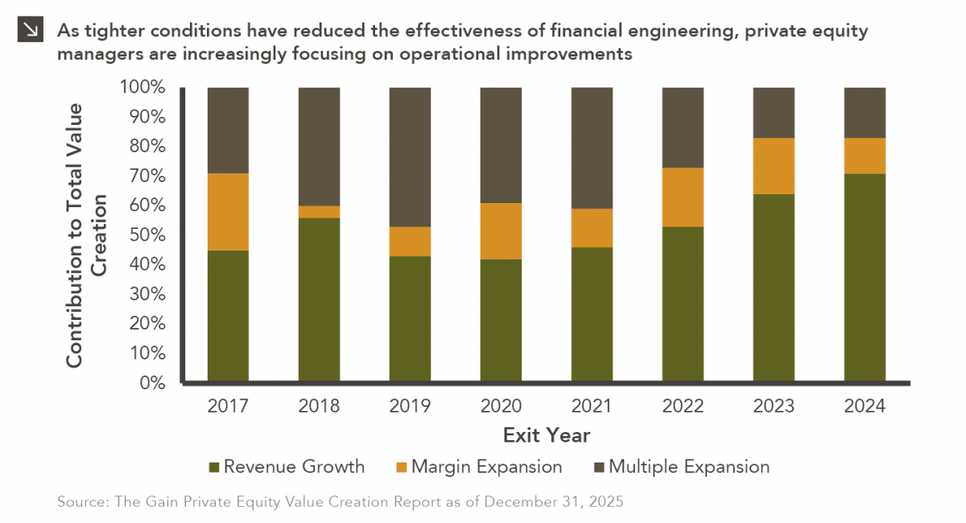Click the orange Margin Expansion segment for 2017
coord(228,212)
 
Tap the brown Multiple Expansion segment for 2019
coord(410,157)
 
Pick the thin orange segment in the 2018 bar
coord(319,212)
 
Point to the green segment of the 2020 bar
coord(501,320)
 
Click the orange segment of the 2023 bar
coord(774,166)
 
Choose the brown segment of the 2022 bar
coord(683,127)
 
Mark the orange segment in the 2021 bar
coord(592,228)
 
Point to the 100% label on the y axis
coord(142,87)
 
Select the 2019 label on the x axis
coord(410,406)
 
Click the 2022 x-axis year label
coord(683,406)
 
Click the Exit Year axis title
coord(546,436)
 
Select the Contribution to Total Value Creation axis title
coord(86,235)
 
